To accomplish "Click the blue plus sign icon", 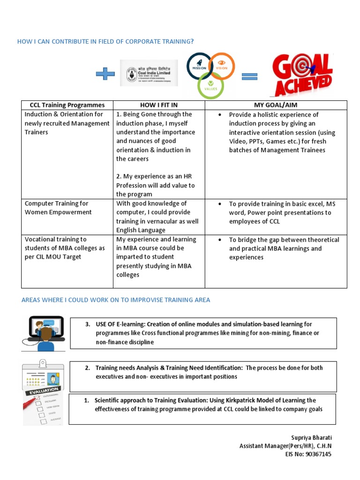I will tap(105, 74).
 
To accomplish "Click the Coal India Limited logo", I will tap(149, 73).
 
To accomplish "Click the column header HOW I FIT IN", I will tap(159, 105).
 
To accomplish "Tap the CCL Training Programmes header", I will tap(67, 105).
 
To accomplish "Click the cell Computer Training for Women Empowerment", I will tap(56, 208).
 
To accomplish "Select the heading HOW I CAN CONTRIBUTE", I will tap(105, 42).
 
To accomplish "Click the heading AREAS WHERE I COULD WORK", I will tap(116, 300).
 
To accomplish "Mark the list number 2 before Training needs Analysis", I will tap(88, 368).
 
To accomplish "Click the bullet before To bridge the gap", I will tap(220, 240).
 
